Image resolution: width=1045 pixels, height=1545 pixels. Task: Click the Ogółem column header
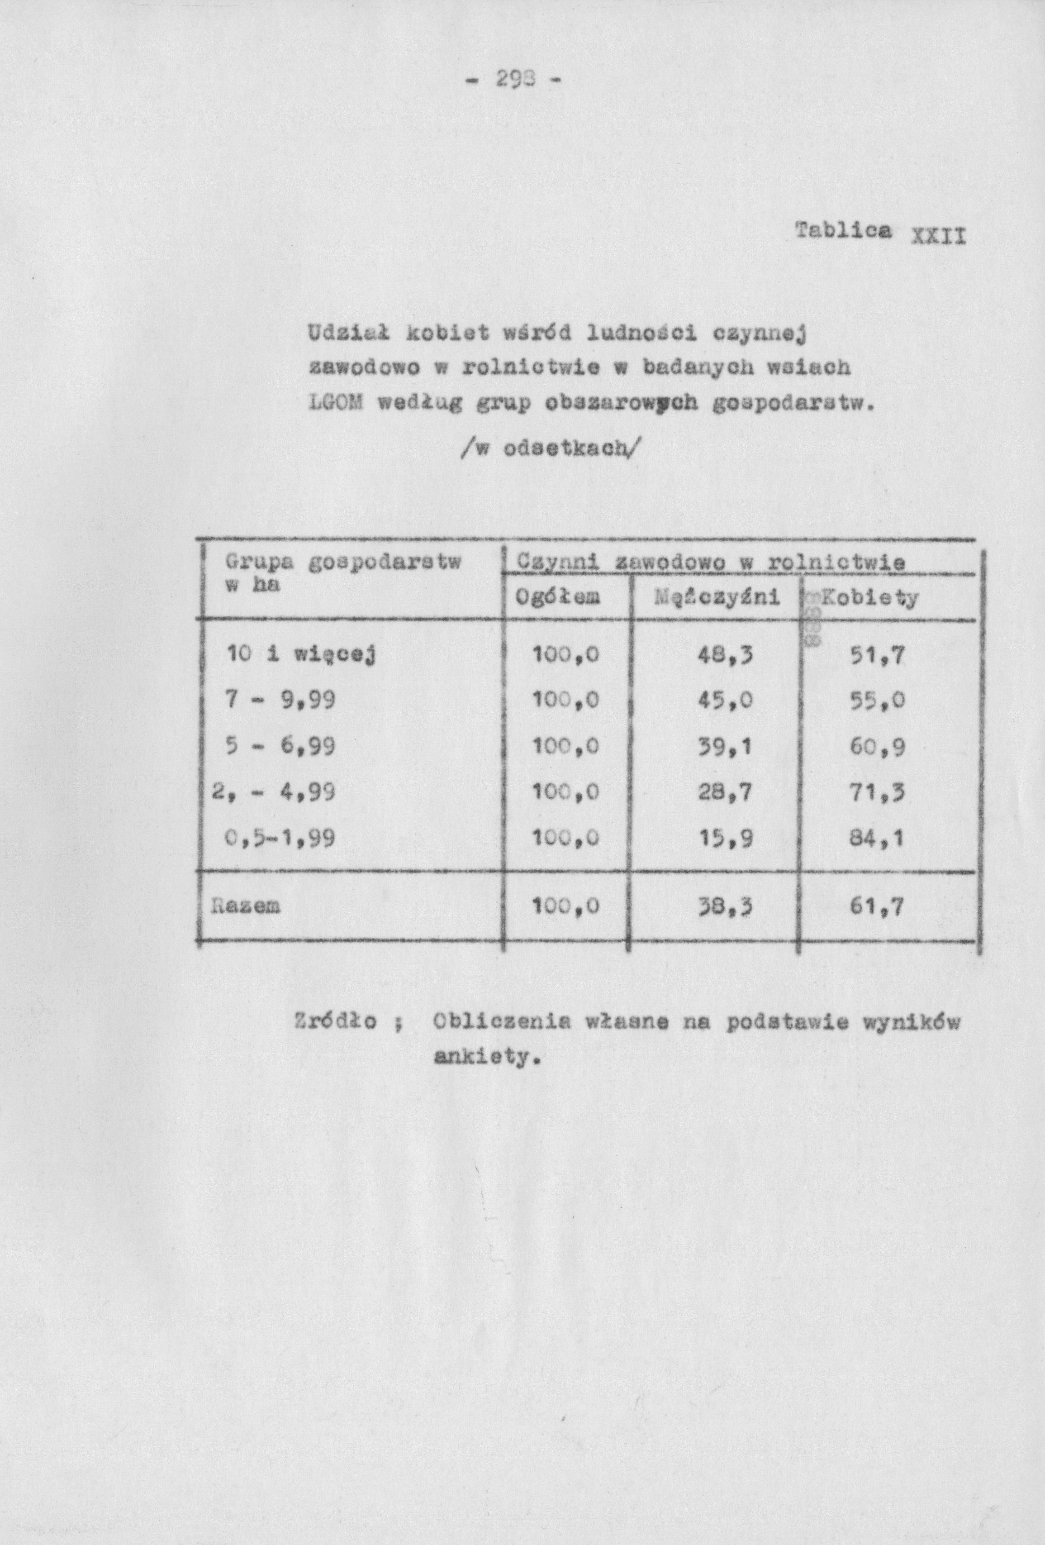coord(558,598)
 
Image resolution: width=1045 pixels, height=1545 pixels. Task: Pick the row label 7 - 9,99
coord(280,700)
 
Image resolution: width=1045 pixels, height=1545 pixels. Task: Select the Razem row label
coord(246,906)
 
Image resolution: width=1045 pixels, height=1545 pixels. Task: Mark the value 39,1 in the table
coord(725,747)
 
